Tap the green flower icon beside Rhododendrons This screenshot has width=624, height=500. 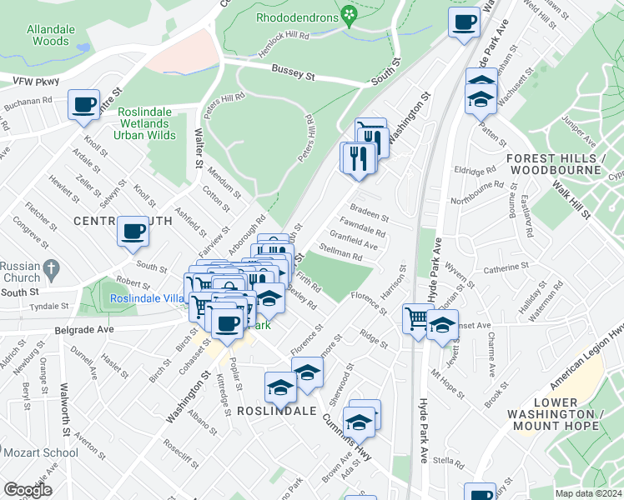(350, 16)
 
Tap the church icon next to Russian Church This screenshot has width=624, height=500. (51, 269)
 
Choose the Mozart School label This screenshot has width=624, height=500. (41, 453)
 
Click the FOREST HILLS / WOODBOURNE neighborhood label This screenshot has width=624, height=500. (565, 164)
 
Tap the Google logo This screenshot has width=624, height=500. (28, 490)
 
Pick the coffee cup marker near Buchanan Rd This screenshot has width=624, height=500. (83, 105)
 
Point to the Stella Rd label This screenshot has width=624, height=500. (448, 460)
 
